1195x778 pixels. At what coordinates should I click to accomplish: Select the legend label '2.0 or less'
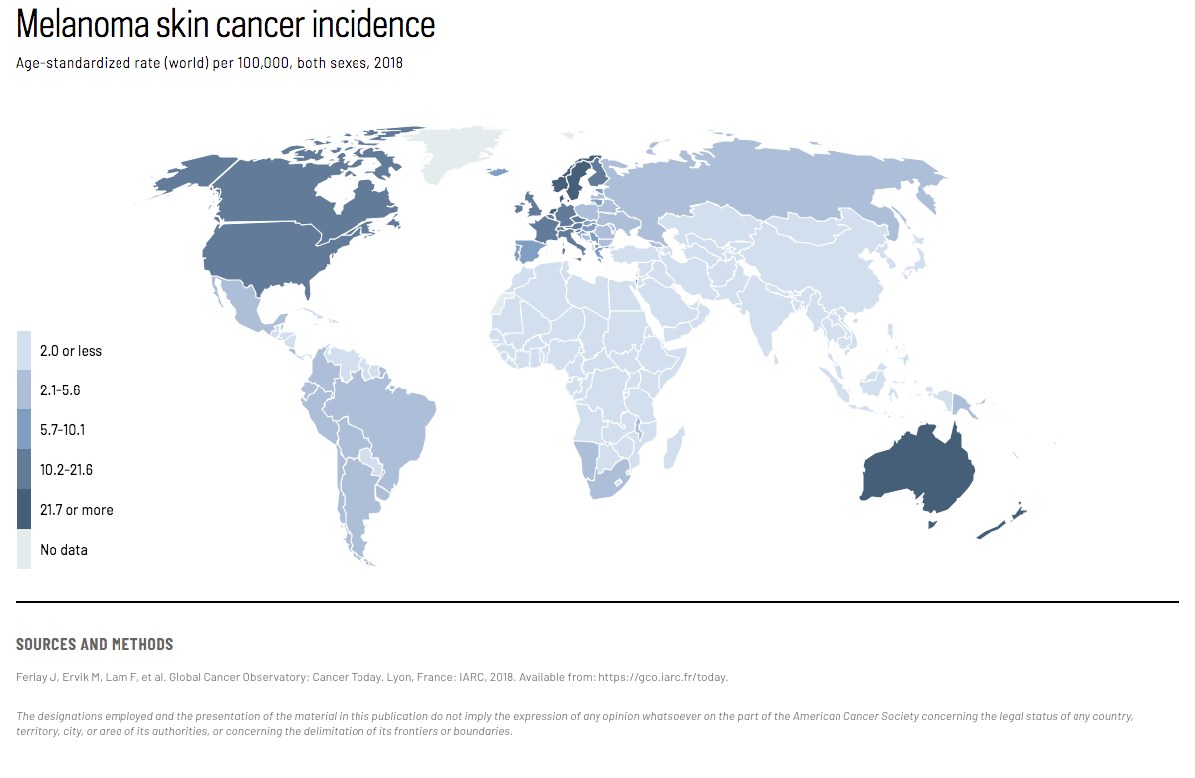coord(70,351)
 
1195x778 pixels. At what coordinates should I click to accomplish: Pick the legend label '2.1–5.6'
coord(60,390)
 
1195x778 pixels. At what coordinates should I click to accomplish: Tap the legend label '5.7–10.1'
coord(62,430)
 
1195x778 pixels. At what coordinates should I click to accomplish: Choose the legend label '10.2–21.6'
coord(66,470)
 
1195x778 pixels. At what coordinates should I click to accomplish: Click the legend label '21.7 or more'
coord(76,510)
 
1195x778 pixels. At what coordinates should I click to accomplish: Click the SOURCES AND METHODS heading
coord(95,645)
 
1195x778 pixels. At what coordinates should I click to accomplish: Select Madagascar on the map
coord(673,447)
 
